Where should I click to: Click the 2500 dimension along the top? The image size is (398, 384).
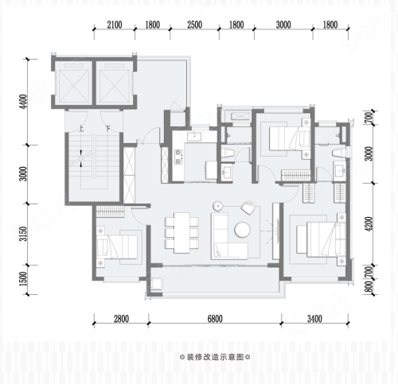(x=194, y=25)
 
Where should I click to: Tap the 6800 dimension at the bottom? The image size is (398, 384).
(x=215, y=319)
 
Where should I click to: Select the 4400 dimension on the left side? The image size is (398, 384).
(x=24, y=102)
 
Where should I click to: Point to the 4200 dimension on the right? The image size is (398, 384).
(x=369, y=223)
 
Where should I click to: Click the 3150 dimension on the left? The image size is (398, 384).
(x=24, y=234)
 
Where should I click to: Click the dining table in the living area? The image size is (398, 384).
(x=182, y=233)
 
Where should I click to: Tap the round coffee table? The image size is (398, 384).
(x=242, y=230)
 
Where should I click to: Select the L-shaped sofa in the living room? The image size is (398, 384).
(x=229, y=236)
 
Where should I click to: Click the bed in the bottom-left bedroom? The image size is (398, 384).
(x=117, y=246)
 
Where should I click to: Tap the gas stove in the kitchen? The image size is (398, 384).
(x=178, y=157)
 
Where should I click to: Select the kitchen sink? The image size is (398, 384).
(x=194, y=137)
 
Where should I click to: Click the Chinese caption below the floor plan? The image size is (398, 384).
(x=215, y=357)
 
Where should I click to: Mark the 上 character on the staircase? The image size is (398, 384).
(x=81, y=130)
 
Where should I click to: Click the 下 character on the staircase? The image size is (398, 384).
(x=107, y=130)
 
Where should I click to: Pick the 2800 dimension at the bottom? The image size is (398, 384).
(x=121, y=319)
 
